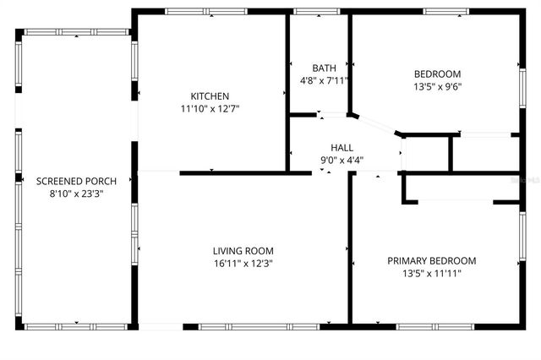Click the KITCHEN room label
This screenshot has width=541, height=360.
click(210, 96)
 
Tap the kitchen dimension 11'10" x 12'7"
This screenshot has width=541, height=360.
click(210, 108)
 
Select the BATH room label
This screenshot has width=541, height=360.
click(324, 68)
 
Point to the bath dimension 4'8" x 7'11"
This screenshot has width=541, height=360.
click(324, 80)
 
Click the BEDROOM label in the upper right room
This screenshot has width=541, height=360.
click(437, 74)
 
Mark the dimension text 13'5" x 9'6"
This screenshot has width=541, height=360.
click(437, 85)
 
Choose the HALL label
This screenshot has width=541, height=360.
click(342, 146)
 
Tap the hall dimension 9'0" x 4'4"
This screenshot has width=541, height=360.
click(342, 158)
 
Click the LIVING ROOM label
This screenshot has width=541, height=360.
click(243, 250)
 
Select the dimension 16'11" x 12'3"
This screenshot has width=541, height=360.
click(243, 262)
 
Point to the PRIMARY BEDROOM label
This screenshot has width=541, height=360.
click(431, 260)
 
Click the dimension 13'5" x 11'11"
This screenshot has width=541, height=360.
click(431, 273)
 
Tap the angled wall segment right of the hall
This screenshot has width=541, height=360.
click(376, 124)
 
